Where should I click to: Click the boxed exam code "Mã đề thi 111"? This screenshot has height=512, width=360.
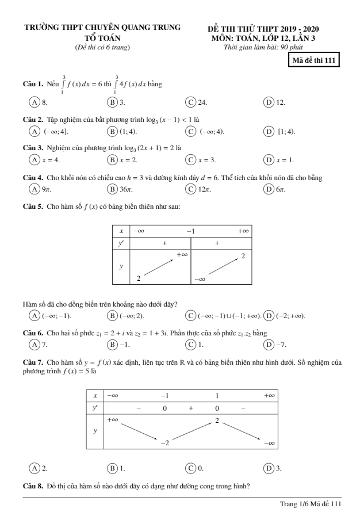point(314,60)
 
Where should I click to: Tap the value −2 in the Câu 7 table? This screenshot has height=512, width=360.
point(164,442)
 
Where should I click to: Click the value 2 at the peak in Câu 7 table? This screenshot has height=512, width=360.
point(217,421)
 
